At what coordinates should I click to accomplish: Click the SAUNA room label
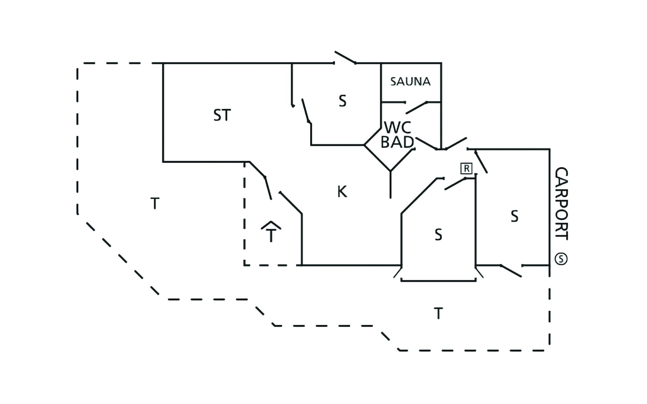410,81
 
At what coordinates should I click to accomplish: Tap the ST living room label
222,115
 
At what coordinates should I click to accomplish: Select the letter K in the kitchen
342,192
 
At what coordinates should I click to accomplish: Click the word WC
398,128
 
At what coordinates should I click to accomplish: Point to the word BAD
397,142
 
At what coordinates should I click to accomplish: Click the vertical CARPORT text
561,204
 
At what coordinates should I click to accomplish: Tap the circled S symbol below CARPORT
561,259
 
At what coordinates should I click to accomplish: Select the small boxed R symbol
466,168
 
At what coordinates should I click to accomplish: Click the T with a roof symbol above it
271,232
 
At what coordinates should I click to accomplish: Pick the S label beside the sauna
342,101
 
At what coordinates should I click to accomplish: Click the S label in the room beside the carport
514,216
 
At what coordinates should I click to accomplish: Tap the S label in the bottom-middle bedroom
438,235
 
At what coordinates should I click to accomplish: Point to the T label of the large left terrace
155,204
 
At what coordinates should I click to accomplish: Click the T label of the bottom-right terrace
438,314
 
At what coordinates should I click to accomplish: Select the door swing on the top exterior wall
345,58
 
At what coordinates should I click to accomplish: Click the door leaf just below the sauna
417,107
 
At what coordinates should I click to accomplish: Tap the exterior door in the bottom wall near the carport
511,271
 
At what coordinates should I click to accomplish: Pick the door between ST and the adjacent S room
306,111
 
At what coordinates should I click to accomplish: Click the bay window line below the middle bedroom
438,280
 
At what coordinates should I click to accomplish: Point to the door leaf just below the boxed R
455,183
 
